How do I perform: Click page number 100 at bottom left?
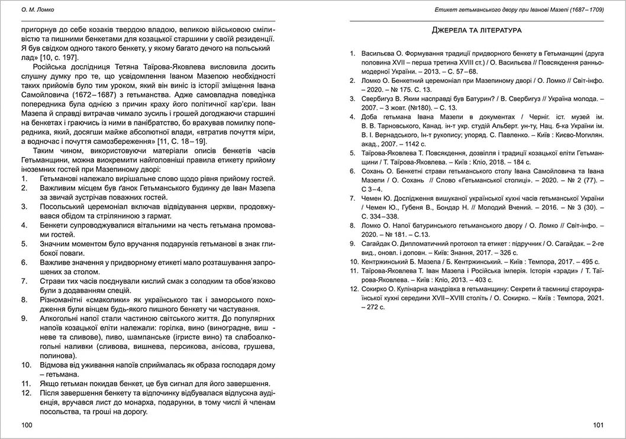[x=27, y=425]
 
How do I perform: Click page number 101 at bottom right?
[x=598, y=425]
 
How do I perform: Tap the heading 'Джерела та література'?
[x=476, y=30]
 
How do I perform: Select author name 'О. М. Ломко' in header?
[x=38, y=9]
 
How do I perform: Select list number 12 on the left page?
[x=26, y=393]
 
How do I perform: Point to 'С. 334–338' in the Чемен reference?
[x=382, y=216]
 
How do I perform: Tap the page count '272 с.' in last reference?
[x=373, y=307]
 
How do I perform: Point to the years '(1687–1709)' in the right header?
[x=583, y=9]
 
